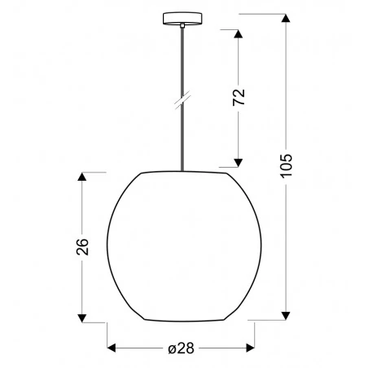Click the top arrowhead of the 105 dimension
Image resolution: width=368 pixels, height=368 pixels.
pos(286,17)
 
